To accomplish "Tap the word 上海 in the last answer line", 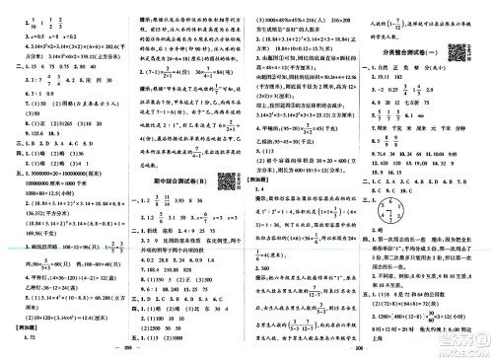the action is point(377,306).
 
